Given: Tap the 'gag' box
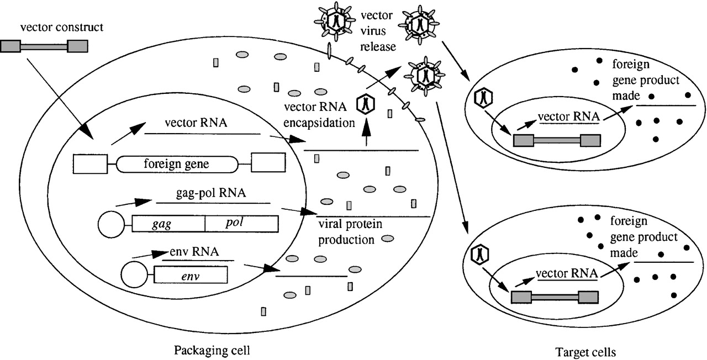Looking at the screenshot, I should pos(169,223).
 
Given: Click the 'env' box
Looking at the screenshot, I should pos(191,274).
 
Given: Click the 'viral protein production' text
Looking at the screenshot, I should pos(350,232).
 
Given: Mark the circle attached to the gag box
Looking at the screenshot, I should pos(109,224).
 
